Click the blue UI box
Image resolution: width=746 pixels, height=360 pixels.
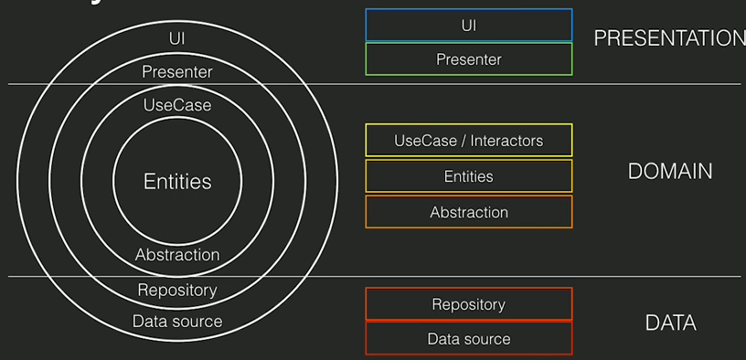click(468, 26)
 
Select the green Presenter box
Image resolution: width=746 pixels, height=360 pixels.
click(468, 59)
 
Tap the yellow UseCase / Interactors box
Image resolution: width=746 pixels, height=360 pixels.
click(468, 141)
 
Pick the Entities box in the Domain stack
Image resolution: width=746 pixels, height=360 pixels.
click(468, 176)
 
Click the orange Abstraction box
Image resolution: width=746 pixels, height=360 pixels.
click(468, 212)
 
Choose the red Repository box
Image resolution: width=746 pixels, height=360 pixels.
click(468, 304)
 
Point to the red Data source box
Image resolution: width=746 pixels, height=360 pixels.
click(468, 339)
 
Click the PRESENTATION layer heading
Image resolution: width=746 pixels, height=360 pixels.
click(668, 38)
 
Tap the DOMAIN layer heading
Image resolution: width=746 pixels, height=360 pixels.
click(670, 171)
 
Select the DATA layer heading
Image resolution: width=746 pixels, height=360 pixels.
click(670, 323)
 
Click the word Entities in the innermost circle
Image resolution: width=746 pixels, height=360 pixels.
click(177, 182)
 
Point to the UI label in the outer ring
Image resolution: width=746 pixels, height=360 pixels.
click(177, 38)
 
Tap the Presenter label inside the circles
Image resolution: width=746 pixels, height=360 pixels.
click(177, 71)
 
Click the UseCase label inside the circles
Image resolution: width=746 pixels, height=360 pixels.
click(177, 105)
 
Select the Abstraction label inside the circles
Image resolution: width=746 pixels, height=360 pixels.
click(177, 255)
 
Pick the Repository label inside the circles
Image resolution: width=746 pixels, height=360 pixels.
click(177, 291)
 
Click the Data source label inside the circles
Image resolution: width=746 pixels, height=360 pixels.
click(177, 321)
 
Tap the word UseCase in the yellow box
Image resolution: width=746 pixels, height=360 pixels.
click(423, 141)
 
